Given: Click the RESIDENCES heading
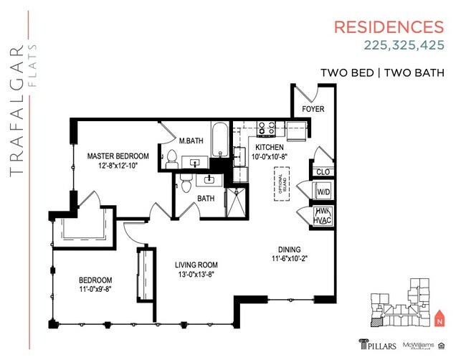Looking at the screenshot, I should (x=390, y=27).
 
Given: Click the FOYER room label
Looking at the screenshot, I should (x=313, y=109).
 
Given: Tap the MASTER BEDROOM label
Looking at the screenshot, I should (x=118, y=156).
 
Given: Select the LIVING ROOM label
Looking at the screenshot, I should (x=196, y=264).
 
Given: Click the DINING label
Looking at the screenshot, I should (x=290, y=249).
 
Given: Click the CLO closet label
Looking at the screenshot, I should (x=323, y=172).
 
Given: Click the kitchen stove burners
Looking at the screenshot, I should (x=267, y=128).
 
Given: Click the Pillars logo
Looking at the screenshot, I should (x=376, y=342).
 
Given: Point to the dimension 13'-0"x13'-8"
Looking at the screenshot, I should (x=196, y=273).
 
